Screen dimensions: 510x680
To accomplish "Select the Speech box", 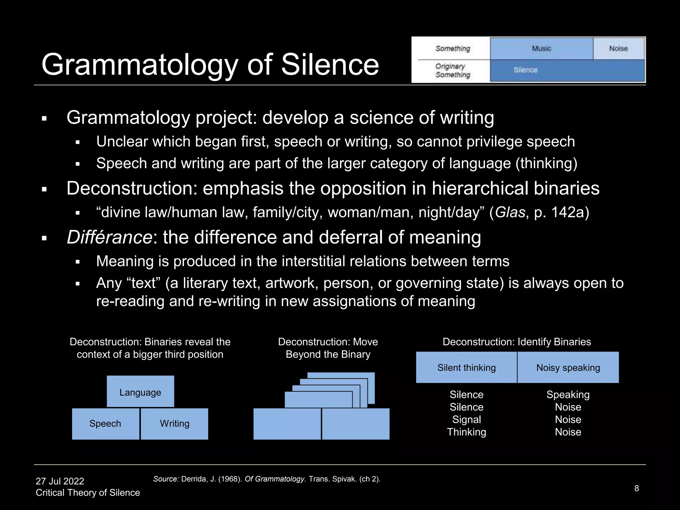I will tap(105, 424).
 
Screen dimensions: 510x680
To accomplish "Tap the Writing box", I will tap(175, 424).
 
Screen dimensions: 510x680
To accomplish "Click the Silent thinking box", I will tap(466, 368).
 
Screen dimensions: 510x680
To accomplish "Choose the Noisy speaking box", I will tap(568, 368).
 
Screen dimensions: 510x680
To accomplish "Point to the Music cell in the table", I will tap(542, 48).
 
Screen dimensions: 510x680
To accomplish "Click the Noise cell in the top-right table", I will tap(618, 48).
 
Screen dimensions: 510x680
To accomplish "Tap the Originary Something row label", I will tap(453, 70).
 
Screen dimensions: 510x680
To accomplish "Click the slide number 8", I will tap(637, 488).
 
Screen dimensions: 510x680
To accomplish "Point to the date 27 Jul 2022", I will tap(60, 481).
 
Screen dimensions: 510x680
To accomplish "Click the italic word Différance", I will tap(109, 237).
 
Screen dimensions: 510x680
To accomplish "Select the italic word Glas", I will tap(510, 212).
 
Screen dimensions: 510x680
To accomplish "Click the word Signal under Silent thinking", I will tap(467, 419).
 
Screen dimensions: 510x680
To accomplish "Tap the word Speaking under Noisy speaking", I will tap(568, 394).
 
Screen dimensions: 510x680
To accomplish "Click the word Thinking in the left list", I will tap(467, 432).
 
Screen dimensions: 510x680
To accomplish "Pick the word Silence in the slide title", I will tap(330, 64).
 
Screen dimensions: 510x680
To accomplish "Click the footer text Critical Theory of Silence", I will tap(88, 493).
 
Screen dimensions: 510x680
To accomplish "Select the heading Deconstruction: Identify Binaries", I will tap(517, 342).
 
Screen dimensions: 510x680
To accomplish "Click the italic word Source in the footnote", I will tap(166, 479).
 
